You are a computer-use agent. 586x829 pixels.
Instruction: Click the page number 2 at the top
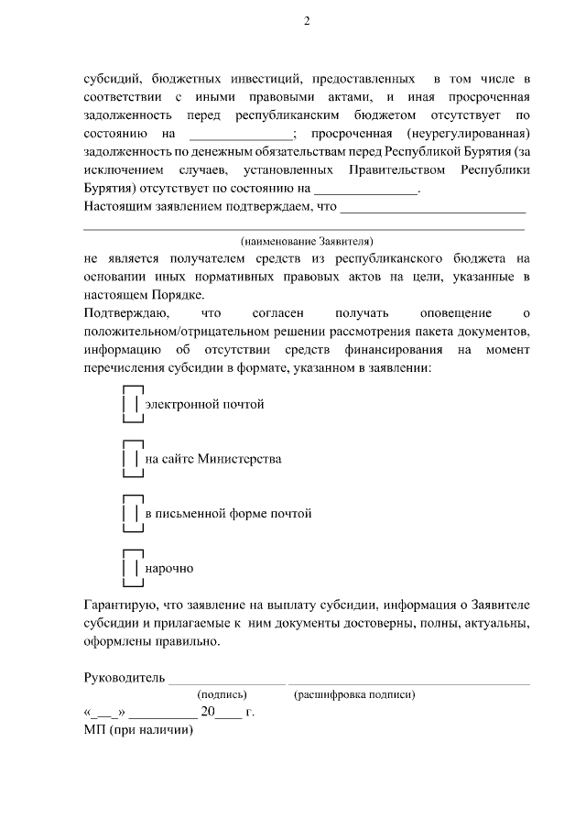[307, 21]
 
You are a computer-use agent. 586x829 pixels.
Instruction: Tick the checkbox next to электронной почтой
[132, 403]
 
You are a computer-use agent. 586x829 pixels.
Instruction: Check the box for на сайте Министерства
[132, 458]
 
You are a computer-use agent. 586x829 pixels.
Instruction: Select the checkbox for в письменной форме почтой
[132, 513]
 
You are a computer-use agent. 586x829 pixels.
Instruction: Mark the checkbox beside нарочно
[132, 568]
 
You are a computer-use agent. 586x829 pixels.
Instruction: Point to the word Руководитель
[124, 678]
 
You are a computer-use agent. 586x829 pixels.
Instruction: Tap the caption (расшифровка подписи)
[354, 695]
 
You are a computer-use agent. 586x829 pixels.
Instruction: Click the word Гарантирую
[118, 605]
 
